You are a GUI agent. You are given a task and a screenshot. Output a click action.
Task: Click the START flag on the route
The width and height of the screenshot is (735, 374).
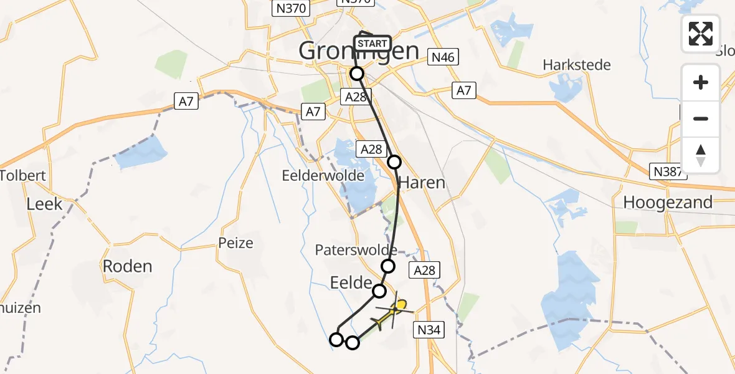click(372, 44)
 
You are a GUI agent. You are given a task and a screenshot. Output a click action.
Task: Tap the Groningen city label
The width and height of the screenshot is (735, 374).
click(358, 51)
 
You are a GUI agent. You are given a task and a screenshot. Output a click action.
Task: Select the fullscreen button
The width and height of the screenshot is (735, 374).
click(701, 34)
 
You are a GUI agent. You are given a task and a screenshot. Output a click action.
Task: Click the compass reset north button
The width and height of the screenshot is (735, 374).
click(701, 155)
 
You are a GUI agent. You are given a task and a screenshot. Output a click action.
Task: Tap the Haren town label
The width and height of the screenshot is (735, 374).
click(422, 183)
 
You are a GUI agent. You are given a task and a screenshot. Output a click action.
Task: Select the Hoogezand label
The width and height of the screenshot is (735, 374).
click(668, 202)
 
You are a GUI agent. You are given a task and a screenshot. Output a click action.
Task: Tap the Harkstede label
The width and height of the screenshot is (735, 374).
click(577, 65)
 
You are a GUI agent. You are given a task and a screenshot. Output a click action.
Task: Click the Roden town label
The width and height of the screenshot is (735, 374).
click(127, 266)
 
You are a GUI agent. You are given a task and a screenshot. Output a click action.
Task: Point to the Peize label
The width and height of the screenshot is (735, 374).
click(236, 242)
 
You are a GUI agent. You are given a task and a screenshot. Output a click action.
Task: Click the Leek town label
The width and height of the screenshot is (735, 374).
click(44, 203)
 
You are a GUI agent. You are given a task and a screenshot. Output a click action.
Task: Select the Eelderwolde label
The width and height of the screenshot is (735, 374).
click(323, 176)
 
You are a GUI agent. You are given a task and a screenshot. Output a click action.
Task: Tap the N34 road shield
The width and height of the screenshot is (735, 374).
click(430, 330)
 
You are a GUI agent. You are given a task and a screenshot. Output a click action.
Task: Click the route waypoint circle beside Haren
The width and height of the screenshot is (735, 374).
click(395, 162)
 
